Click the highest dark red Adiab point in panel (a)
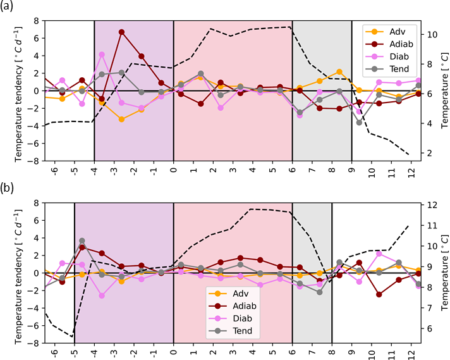click(x=121, y=32)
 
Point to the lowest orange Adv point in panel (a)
click(x=121, y=119)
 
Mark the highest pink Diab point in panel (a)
click(x=102, y=54)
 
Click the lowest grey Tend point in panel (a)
click(x=359, y=122)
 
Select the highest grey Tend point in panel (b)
click(x=82, y=241)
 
